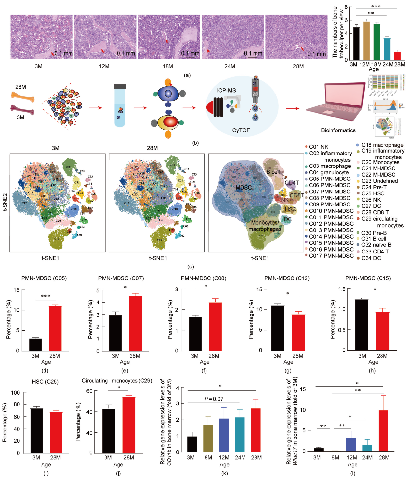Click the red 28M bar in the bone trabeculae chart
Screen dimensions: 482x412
pyautogui.click(x=397, y=56)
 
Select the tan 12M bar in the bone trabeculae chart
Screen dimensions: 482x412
pyautogui.click(x=367, y=41)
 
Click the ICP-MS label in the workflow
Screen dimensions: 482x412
pyautogui.click(x=226, y=91)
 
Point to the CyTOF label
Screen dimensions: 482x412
pyautogui.click(x=241, y=130)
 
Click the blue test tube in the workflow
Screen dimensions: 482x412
pyautogui.click(x=120, y=107)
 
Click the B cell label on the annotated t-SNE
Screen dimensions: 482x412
pyautogui.click(x=273, y=172)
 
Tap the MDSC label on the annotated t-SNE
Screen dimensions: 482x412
pyautogui.click(x=243, y=187)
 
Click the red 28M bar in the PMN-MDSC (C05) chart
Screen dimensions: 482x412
pyautogui.click(x=55, y=328)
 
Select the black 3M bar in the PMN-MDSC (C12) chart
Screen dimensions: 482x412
pyautogui.click(x=278, y=328)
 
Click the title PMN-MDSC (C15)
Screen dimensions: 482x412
pyautogui.click(x=368, y=278)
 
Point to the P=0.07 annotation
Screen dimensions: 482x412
pyautogui.click(x=214, y=399)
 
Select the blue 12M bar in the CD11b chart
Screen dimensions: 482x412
pyautogui.click(x=224, y=435)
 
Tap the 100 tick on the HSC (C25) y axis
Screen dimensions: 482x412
pyautogui.click(x=15, y=393)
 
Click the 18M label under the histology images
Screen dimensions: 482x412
pyautogui.click(x=168, y=66)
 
